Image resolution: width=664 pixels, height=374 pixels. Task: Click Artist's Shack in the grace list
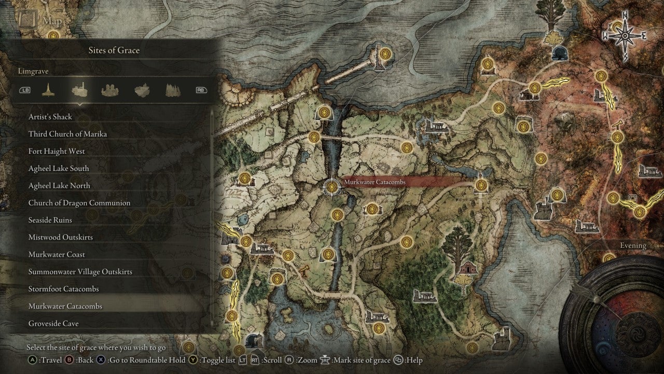pos(50,117)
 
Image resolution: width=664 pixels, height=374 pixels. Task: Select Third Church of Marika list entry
pos(67,134)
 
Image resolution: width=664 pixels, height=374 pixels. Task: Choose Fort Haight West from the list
pos(57,151)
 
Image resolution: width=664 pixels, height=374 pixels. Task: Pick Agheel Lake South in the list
pos(59,168)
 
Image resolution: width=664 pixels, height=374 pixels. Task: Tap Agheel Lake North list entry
pos(59,185)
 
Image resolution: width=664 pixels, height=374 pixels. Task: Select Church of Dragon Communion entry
pos(79,203)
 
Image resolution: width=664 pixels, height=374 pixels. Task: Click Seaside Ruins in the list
pos(50,220)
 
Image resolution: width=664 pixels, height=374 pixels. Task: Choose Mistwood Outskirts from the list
pos(61,237)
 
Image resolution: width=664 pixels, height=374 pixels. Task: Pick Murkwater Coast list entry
pos(57,254)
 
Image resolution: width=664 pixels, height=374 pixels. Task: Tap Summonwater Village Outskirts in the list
pos(80,272)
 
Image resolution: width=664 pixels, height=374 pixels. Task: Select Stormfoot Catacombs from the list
pos(63,289)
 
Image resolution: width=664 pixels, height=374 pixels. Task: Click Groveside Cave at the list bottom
pos(53,324)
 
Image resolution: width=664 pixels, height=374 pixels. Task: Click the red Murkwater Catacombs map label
pos(375,182)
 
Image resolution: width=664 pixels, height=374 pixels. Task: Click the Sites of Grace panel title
pos(114,50)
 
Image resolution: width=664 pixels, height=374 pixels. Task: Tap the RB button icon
pos(201,90)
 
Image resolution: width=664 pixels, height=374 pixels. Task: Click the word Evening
pos(633,246)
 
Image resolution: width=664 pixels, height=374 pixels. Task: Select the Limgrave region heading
pos(33,71)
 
